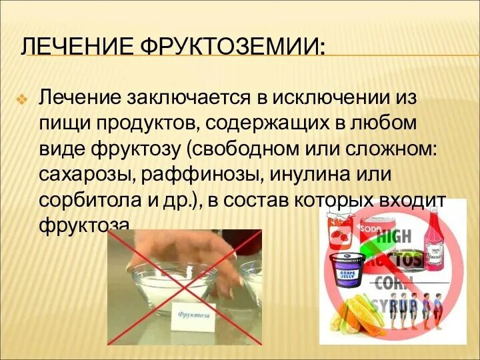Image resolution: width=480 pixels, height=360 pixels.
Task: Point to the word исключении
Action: [x=331, y=98]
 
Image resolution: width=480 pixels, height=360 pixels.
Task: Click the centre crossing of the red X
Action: [x=185, y=287]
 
